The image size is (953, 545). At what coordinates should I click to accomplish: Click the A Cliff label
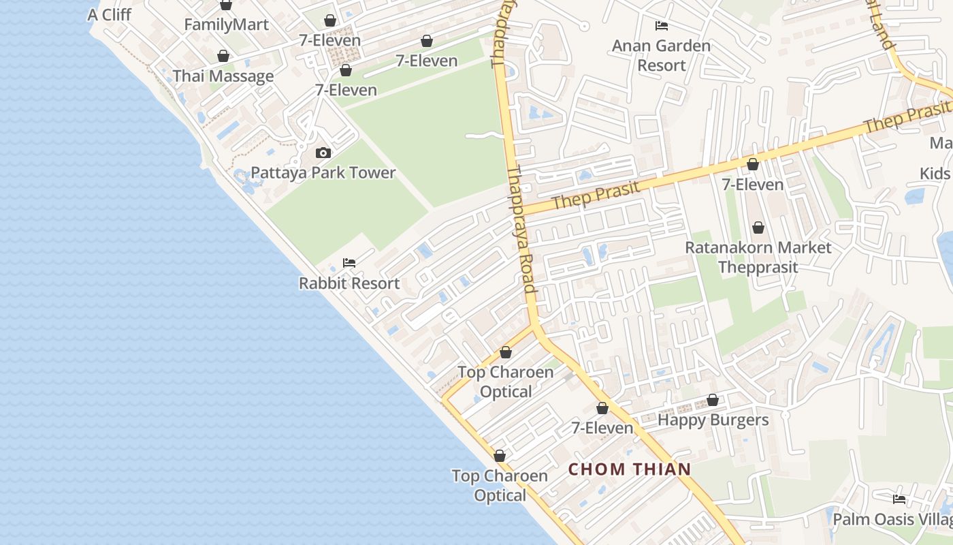pyautogui.click(x=109, y=14)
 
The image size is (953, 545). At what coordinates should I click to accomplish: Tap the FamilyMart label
pyautogui.click(x=226, y=25)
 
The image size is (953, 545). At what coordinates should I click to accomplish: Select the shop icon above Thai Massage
pyautogui.click(x=223, y=56)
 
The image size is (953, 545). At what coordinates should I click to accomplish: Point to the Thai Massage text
pyautogui.click(x=223, y=76)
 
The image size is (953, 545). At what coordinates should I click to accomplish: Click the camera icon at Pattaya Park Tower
pyautogui.click(x=323, y=153)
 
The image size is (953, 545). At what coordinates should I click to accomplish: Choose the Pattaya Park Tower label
pyautogui.click(x=323, y=172)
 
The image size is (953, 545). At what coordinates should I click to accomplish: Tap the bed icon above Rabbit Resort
pyautogui.click(x=349, y=263)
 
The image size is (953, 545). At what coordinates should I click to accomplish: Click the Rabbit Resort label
pyautogui.click(x=349, y=283)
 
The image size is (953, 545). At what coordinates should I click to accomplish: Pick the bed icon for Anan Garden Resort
pyautogui.click(x=661, y=26)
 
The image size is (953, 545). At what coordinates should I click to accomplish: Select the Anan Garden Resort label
pyautogui.click(x=661, y=55)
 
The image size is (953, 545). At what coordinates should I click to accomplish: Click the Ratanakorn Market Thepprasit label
pyautogui.click(x=758, y=257)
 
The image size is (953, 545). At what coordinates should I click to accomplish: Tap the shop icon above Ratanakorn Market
pyautogui.click(x=758, y=228)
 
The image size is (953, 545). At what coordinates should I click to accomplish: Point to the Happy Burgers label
pyautogui.click(x=713, y=420)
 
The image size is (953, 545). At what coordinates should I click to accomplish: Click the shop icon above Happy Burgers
pyautogui.click(x=713, y=400)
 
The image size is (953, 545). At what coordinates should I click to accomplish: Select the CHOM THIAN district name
pyautogui.click(x=630, y=469)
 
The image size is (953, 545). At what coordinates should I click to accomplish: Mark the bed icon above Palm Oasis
pyautogui.click(x=899, y=499)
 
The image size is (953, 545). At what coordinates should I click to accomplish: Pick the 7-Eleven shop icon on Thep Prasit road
pyautogui.click(x=753, y=164)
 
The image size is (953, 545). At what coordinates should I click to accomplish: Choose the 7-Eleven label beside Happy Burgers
pyautogui.click(x=602, y=428)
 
